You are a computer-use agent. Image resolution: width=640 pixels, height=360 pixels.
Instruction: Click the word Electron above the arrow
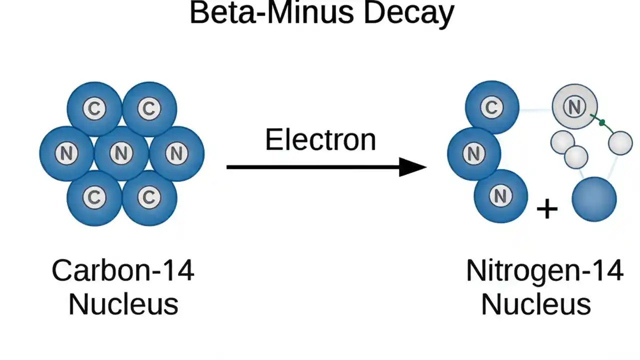[x=320, y=140]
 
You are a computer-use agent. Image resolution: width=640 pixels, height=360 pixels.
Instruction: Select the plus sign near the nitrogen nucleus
[x=546, y=208]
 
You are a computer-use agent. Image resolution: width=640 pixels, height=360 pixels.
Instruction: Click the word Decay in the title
[x=408, y=13]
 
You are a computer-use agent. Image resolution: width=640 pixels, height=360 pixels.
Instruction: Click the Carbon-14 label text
[x=123, y=270]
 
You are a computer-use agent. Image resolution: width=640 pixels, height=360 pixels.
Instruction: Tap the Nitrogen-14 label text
[x=544, y=270]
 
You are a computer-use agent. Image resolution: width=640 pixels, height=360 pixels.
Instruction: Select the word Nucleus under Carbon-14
[x=123, y=304]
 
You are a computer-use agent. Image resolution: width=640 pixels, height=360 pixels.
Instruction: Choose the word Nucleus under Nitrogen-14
[x=536, y=304]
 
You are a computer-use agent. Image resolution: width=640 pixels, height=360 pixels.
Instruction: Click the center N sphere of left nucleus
[x=121, y=153]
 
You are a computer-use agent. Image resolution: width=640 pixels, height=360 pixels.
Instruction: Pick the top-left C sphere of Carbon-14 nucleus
[x=94, y=108]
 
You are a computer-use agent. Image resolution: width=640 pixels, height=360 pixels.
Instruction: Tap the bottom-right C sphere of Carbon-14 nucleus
[x=149, y=198]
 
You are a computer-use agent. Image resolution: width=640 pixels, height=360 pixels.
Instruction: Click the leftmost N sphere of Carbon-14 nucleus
[x=66, y=153]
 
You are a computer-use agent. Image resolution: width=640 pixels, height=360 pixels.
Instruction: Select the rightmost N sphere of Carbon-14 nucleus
[x=176, y=153]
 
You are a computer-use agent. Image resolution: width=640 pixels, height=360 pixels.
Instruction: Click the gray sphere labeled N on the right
[x=574, y=106]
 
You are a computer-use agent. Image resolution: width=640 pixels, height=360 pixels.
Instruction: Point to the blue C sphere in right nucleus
[x=492, y=107]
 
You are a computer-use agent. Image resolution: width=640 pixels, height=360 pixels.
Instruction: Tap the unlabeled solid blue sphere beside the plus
[x=594, y=199]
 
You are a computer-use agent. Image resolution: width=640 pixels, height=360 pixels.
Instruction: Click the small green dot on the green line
[x=602, y=122]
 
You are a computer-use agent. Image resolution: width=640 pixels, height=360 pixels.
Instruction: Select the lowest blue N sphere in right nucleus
[x=500, y=196]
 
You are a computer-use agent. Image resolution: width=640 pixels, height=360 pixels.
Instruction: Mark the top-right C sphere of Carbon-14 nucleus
[x=149, y=108]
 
